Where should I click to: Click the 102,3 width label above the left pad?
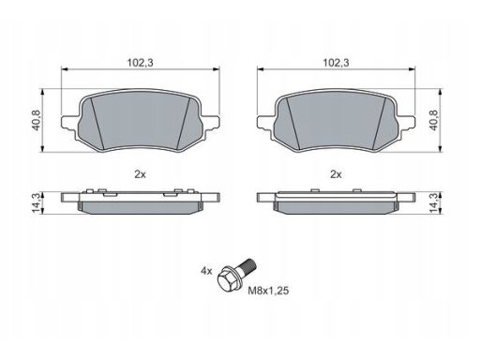(140, 63)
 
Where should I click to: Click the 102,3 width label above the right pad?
(336, 63)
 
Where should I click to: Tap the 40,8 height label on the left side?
(37, 120)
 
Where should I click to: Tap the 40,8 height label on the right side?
(435, 120)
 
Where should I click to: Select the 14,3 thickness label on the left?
(37, 203)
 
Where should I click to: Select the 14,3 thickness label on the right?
(435, 203)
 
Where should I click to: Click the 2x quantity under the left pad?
(140, 174)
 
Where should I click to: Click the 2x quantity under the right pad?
(336, 174)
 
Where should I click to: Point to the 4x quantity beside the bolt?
(206, 271)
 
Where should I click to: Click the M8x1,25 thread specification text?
(268, 291)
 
